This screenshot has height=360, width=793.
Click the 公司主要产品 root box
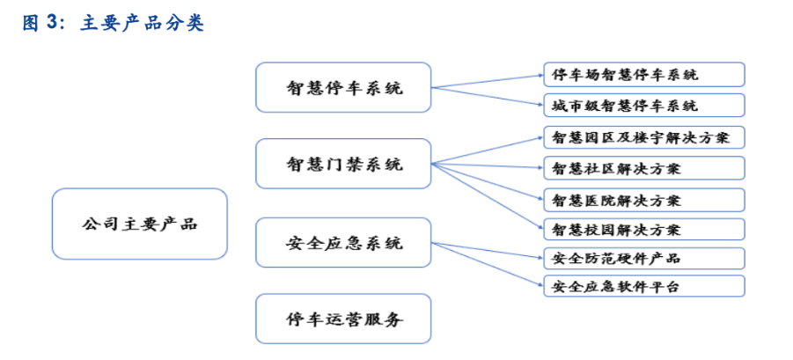(x=139, y=224)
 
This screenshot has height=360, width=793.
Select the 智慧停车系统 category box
(x=343, y=87)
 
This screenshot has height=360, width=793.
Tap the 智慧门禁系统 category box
(x=343, y=164)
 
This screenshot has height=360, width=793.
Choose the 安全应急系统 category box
(x=343, y=243)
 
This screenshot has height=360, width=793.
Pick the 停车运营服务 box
(x=343, y=319)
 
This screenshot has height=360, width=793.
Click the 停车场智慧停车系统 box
(x=643, y=74)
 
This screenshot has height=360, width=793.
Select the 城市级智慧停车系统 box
(x=643, y=106)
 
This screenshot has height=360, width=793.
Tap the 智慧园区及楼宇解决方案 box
(x=643, y=137)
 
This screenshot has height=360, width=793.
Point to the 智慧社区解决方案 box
(x=643, y=168)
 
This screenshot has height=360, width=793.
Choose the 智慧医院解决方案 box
(x=643, y=199)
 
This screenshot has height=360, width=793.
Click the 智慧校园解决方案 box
(x=643, y=230)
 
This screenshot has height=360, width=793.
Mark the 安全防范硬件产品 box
(x=643, y=259)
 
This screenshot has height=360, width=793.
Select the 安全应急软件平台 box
(x=643, y=286)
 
